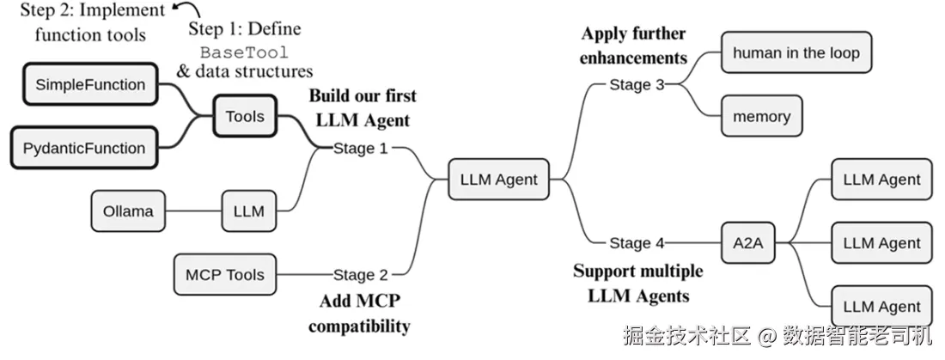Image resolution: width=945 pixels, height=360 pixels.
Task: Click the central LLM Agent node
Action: point(498,180)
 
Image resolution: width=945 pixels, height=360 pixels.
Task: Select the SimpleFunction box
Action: point(90,84)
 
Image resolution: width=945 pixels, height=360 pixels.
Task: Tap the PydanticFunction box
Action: point(84,148)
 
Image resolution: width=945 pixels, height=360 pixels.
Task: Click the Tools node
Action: point(245,116)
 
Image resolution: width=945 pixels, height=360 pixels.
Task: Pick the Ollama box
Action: point(128,211)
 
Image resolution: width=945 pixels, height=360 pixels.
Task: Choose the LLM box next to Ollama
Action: point(248,211)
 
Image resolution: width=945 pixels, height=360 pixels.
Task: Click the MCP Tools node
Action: point(225,275)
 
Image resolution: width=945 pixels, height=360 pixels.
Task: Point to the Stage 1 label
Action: point(360,148)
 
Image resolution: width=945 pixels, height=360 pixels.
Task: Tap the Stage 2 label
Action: point(360,275)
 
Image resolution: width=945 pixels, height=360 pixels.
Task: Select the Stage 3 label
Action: point(637,84)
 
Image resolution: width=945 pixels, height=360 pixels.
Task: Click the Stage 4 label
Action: point(637,242)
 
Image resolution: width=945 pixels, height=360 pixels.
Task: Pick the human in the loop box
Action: point(796,53)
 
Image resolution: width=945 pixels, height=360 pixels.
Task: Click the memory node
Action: point(761,116)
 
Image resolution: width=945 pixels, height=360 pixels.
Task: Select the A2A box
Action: point(747,242)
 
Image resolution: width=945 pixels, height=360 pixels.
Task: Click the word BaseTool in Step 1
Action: point(244,52)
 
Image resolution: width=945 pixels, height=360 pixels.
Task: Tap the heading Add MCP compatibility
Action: point(359,314)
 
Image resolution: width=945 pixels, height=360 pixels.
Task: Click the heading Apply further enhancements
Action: point(633,46)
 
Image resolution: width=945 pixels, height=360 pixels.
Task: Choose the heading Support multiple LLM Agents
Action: point(637,284)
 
